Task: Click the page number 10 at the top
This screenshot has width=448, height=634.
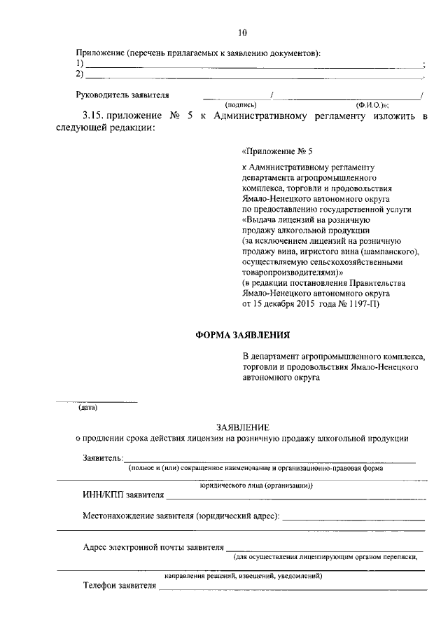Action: [242, 33]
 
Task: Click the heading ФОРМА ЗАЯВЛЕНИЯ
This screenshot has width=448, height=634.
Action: [242, 336]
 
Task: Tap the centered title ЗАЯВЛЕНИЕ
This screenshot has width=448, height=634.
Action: [242, 427]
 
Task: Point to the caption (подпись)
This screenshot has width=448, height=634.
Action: [239, 104]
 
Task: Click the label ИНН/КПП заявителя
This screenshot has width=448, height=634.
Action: [123, 496]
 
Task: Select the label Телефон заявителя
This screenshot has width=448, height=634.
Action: [119, 586]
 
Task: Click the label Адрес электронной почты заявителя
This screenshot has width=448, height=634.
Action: [153, 547]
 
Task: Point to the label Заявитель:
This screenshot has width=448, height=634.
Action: [103, 458]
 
